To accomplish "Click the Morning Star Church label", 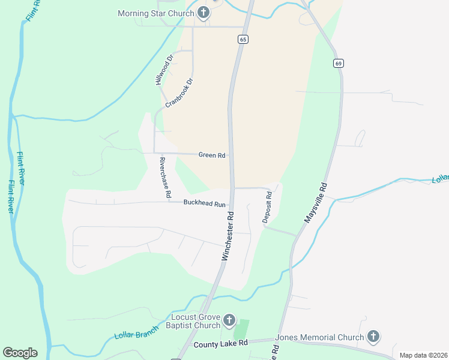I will pos(156,13).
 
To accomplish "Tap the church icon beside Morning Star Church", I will pos(203,13).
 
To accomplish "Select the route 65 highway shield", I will pos(242,39).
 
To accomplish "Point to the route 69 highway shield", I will pos(339,63).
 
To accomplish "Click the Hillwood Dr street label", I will pos(164,69).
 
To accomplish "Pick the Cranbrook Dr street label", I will pos(179,92).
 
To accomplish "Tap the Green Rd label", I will pos(212,155).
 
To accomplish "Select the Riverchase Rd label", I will pos(166,178).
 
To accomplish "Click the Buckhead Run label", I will pos(205,204).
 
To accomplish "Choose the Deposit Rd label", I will pos(268,208).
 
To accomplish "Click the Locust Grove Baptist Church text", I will pos(196,322).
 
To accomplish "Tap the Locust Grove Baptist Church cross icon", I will pos(229,320).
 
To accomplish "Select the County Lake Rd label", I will pos(221,344).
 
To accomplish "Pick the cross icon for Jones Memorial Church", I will pos(373,337).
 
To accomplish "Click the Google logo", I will pos(20,353).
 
